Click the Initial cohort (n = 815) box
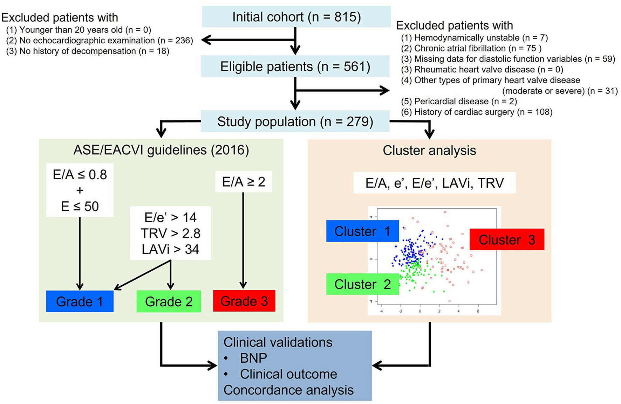[296, 17]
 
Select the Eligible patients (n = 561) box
[295, 67]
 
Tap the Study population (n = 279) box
[295, 121]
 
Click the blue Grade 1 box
[80, 301]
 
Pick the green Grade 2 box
[169, 301]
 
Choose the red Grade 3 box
[244, 301]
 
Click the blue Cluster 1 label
[362, 231]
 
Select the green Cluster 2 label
[362, 284]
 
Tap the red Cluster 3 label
[506, 239]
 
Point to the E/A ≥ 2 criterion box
[244, 182]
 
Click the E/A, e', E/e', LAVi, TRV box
[434, 183]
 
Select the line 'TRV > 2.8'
[170, 234]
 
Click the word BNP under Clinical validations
[253, 358]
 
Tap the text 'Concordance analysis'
[288, 390]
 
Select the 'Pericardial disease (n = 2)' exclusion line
[459, 102]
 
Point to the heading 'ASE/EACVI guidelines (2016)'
[161, 150]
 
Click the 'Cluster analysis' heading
[429, 151]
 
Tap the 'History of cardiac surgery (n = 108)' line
[477, 112]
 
